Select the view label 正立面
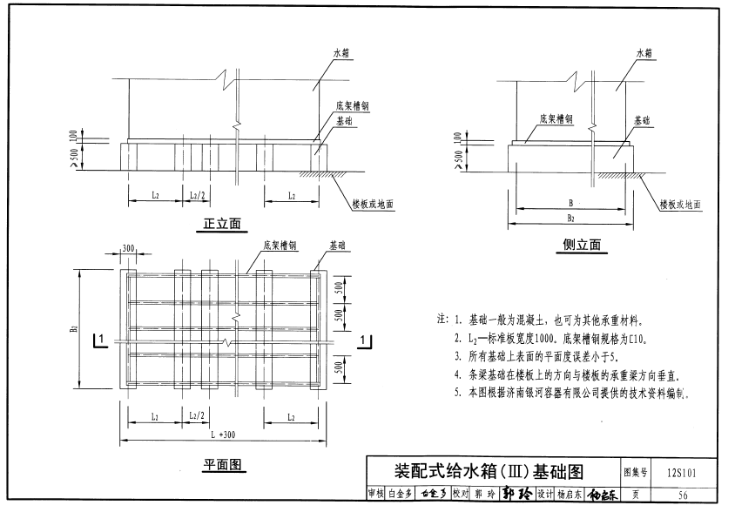pyautogui.click(x=221, y=224)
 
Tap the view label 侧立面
pyautogui.click(x=582, y=245)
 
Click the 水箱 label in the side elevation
pyautogui.click(x=644, y=53)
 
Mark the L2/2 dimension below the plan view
pyautogui.click(x=196, y=417)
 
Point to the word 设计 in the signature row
pyautogui.click(x=544, y=495)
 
